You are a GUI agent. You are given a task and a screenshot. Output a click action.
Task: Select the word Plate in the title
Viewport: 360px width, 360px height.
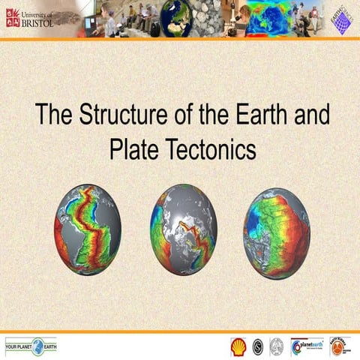pyautogui.click(x=132, y=148)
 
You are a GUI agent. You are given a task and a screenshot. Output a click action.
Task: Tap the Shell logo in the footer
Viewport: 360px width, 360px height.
pyautogui.click(x=238, y=346)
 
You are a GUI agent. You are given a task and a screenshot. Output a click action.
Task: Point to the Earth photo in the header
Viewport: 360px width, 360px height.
pyautogui.click(x=178, y=17)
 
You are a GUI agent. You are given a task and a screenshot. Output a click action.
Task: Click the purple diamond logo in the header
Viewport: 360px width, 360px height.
pyautogui.click(x=341, y=19)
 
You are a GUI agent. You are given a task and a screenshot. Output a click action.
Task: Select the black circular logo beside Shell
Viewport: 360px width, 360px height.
pyautogui.click(x=257, y=346)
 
